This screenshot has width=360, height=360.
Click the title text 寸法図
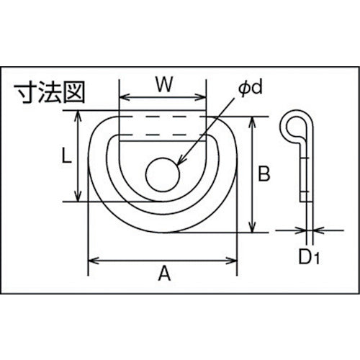point(49,94)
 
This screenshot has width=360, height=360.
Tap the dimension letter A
point(163,274)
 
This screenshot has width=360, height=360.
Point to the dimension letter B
point(264,173)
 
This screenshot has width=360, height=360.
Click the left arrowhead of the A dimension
point(91,258)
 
